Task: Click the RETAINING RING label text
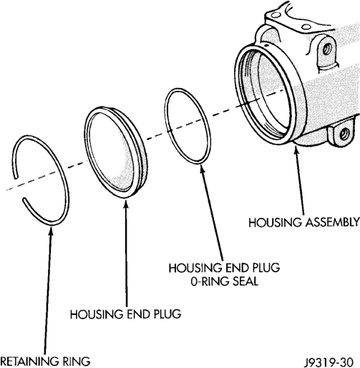pyautogui.click(x=45, y=362)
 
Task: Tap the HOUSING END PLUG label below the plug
pyautogui.click(x=125, y=314)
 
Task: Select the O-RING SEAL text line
pyautogui.click(x=225, y=281)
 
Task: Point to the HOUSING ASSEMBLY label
pyautogui.click(x=304, y=223)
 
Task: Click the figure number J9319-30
pyautogui.click(x=329, y=363)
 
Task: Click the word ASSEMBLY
pyautogui.click(x=333, y=223)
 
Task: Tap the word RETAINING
pyautogui.click(x=29, y=362)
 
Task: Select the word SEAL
pyautogui.click(x=245, y=281)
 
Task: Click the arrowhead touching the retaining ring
pyautogui.click(x=51, y=230)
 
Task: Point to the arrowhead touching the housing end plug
pyautogui.click(x=126, y=204)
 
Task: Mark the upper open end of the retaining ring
pyautogui.click(x=16, y=177)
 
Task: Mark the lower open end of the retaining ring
pyautogui.click(x=24, y=199)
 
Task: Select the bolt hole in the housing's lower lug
pyautogui.click(x=344, y=134)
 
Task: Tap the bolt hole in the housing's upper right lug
pyautogui.click(x=327, y=49)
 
